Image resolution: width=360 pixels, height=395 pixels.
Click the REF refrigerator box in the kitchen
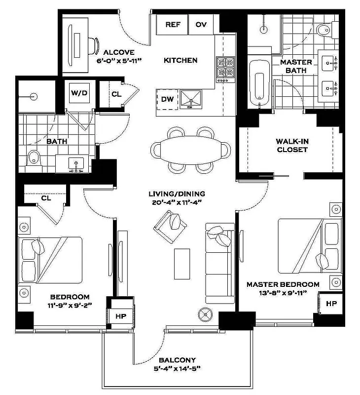click(172, 25)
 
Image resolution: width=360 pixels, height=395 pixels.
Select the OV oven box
click(201, 25)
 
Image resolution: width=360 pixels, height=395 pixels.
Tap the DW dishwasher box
click(167, 99)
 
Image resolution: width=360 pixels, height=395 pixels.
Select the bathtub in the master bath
click(257, 83)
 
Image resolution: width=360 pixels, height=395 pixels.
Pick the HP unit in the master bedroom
click(331, 304)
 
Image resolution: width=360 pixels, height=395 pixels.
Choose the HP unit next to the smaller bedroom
click(121, 316)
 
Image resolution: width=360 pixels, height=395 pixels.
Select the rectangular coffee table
click(183, 264)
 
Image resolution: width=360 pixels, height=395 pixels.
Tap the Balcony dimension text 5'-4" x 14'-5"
click(177, 368)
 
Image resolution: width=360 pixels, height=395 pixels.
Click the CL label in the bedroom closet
click(46, 198)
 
